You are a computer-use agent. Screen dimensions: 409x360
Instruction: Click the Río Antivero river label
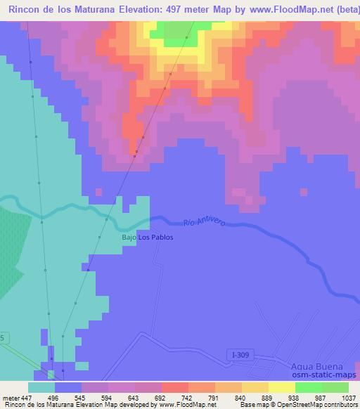(204, 222)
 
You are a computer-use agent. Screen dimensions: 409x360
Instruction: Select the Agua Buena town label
(316, 367)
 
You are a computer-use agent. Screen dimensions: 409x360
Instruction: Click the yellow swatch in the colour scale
(281, 387)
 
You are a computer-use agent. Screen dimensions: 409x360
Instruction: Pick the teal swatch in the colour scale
(41, 387)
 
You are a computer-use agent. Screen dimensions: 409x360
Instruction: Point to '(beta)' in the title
(340, 10)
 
